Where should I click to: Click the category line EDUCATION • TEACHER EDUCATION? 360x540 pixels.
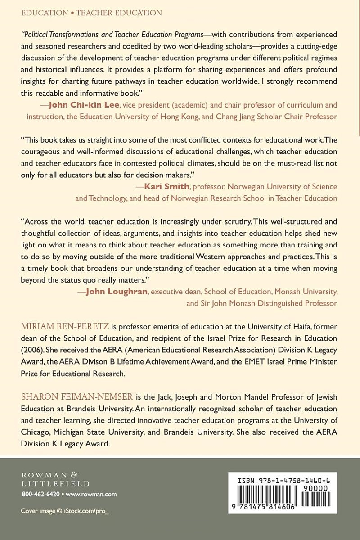point(91,13)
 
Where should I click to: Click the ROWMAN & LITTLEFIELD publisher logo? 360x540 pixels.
point(55,477)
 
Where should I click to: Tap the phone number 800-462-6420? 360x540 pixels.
point(40,494)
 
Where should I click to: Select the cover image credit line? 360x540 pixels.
point(65,511)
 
